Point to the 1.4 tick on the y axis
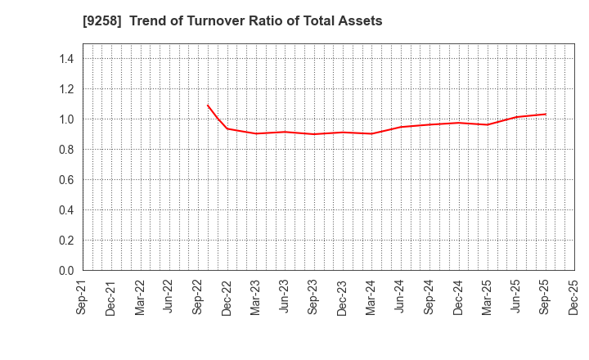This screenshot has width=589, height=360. [x=66, y=59]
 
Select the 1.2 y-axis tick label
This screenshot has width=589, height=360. [x=66, y=89]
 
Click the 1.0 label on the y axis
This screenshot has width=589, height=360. [x=66, y=119]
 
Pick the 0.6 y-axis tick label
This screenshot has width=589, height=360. [x=66, y=180]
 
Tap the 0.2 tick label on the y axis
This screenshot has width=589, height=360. [x=66, y=241]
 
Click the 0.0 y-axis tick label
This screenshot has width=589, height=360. [x=66, y=271]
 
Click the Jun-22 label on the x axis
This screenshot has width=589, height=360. [x=169, y=298]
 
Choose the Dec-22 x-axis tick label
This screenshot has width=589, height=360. [x=227, y=298]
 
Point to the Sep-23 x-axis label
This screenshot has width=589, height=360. [x=314, y=298]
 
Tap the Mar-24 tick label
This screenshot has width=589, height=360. [x=372, y=298]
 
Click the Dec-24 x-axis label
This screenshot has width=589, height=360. [x=459, y=298]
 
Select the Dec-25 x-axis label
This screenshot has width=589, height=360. [x=574, y=298]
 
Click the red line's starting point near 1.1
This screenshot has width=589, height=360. [x=208, y=106]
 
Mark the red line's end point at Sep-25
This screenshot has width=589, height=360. [x=546, y=114]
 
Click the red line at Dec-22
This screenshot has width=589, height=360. [x=227, y=128]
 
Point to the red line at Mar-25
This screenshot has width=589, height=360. [x=488, y=124]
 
